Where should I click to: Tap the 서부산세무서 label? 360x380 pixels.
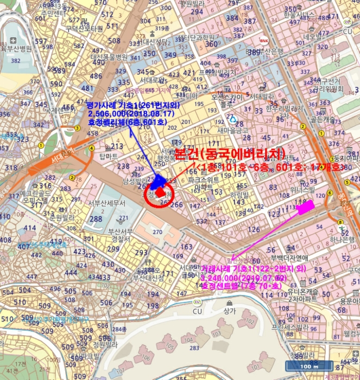point(106,204)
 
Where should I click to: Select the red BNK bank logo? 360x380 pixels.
point(264,41)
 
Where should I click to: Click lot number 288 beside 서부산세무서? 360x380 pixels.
point(96,219)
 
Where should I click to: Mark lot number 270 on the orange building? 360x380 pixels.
point(158,232)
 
